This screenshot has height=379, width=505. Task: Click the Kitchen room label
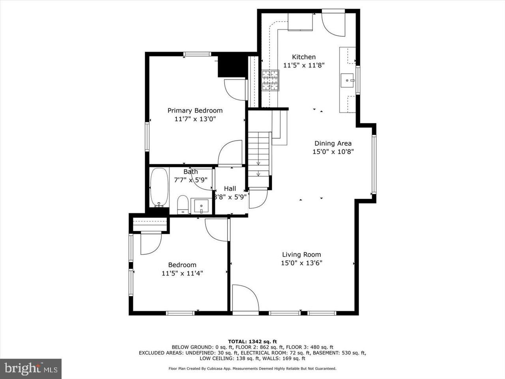(303, 57)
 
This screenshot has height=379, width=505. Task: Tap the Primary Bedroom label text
(195, 111)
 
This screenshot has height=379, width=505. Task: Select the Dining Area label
(333, 143)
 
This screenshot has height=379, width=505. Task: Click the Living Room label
(301, 255)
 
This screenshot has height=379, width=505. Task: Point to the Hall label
(230, 188)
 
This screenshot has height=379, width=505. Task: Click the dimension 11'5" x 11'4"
(182, 273)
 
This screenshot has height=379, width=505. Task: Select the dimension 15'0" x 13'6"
(301, 263)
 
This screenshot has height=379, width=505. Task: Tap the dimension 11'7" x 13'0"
(195, 119)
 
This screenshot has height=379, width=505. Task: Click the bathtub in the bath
(159, 188)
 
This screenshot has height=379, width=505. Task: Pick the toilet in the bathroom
(183, 204)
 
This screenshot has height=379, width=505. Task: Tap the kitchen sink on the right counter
(348, 80)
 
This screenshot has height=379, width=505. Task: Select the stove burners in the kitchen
(271, 81)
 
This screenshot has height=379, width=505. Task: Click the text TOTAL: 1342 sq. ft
(252, 341)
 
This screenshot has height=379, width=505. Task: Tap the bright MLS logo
(30, 369)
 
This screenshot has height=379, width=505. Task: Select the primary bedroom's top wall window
(197, 54)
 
